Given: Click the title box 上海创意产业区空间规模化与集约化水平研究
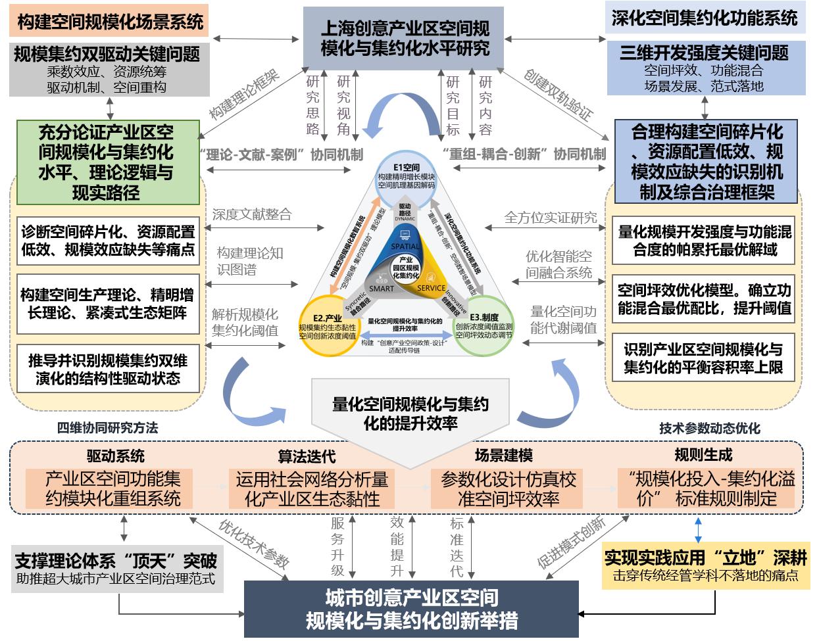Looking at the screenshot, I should coord(405,37).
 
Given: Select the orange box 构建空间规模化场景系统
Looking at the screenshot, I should coord(110,22).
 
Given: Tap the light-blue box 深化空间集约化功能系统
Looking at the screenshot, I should coord(705,18).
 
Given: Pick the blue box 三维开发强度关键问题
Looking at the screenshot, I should coord(705,68).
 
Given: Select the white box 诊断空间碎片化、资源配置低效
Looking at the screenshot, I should coord(108,241).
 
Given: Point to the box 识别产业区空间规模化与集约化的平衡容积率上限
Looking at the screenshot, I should coord(703,358).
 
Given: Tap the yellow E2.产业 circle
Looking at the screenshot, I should coord(328,326).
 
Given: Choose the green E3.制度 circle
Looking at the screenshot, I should coord(484,326).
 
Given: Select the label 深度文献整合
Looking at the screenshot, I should coord(251,214).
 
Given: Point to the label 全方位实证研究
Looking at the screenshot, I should coord(551,217).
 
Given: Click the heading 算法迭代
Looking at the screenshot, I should coord(307,456).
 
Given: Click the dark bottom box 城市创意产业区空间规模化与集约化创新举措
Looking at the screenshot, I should coord(411,609).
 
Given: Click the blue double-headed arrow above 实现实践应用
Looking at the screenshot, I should coord(699,529).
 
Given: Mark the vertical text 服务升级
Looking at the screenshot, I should coord(337,546).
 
